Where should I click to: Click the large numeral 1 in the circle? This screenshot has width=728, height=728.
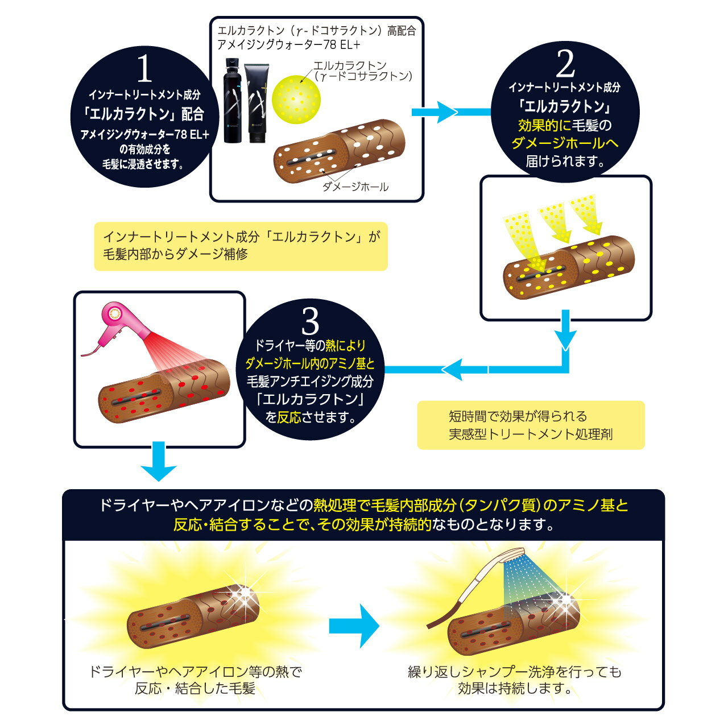point(145,70)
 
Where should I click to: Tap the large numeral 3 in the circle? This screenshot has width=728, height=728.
point(311,322)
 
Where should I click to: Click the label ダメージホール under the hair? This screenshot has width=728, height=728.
point(355,187)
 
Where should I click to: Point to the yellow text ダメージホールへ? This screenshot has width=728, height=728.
point(565,143)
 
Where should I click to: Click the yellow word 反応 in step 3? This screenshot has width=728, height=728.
point(289,417)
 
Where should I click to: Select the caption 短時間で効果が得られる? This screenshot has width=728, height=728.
point(518,416)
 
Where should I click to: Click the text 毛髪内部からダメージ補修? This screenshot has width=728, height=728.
point(175,254)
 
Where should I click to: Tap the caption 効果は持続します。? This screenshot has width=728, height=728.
point(515,689)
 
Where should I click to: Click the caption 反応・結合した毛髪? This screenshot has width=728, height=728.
point(195,689)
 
